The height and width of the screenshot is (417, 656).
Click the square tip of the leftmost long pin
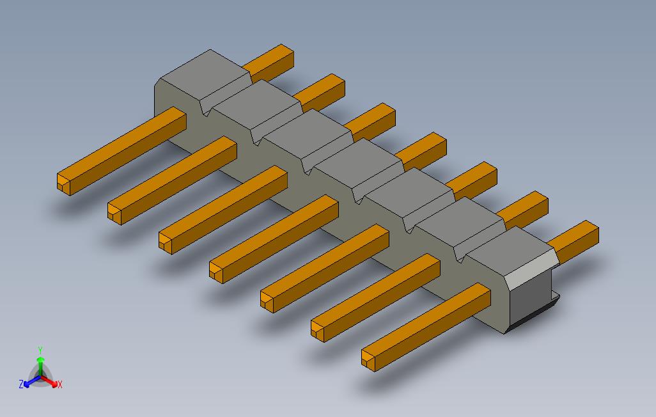tap(64, 184)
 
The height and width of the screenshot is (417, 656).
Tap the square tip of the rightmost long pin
tap(368, 359)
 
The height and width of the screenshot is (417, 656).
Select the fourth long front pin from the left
tap(274, 239)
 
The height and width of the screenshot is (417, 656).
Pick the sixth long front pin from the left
tap(376, 297)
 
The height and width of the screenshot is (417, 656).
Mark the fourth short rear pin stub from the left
tap(421, 151)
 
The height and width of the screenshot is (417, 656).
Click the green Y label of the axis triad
tap(40, 350)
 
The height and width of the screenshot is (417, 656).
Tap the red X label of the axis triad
tap(60, 384)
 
